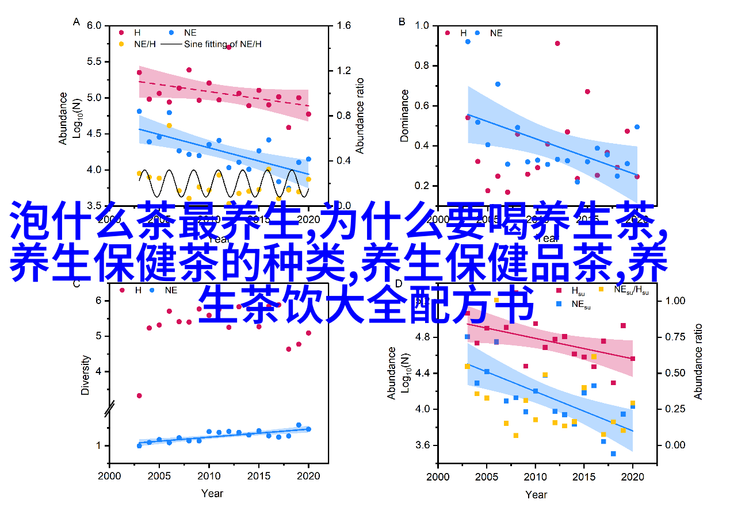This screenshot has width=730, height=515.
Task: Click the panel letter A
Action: [x=76, y=22]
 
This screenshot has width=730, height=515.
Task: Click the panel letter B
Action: [x=402, y=22]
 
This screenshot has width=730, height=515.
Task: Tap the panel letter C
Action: [x=76, y=283]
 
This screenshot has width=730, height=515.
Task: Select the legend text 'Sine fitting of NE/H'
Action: [x=223, y=44]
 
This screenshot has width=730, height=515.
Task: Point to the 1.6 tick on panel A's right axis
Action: [x=343, y=26]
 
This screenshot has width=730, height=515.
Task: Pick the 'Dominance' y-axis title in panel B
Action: [x=404, y=115]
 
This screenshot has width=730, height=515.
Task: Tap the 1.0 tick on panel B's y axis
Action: [x=422, y=26]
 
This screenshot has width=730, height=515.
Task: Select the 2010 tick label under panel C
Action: [x=209, y=476]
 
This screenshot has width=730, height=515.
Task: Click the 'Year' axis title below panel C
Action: [x=212, y=493]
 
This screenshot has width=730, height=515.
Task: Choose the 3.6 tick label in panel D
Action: [x=422, y=445]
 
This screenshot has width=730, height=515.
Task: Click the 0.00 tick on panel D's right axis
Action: [x=675, y=445]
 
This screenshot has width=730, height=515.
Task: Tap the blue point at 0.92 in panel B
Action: [x=468, y=41]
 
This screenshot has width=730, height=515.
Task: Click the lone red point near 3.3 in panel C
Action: [x=139, y=395]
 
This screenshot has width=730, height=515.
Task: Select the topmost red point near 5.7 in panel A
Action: [x=228, y=47]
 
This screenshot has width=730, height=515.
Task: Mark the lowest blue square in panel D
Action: [x=613, y=453]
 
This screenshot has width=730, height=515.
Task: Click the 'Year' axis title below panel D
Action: [x=536, y=494]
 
